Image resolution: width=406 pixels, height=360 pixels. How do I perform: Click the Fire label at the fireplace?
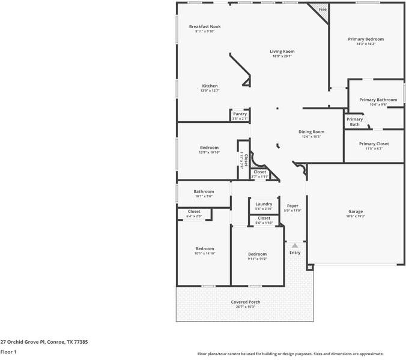tap(323, 10)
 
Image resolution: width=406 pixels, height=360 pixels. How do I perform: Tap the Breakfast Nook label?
tap(205, 26)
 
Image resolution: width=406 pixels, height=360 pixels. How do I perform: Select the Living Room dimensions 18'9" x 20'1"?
tap(282, 56)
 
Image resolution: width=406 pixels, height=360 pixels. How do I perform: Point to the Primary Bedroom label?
tap(366, 39)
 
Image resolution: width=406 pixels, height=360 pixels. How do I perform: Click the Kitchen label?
tap(210, 86)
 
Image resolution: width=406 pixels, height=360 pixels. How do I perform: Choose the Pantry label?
tap(240, 114)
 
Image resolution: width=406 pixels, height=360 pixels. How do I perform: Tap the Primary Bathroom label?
tap(378, 100)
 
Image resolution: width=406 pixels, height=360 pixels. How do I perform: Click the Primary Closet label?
tap(374, 144)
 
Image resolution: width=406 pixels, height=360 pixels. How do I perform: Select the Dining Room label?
tap(311, 132)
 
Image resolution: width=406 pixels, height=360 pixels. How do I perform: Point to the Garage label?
tap(356, 211)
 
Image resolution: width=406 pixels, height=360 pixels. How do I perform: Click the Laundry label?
tap(264, 204)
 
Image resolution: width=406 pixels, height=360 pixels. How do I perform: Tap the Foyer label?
tap(292, 206)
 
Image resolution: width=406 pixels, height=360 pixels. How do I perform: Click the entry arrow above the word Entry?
tap(294, 245)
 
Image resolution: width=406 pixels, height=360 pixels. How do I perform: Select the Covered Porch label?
tap(245, 302)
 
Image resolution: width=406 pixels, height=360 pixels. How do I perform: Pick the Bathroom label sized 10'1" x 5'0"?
tap(204, 191)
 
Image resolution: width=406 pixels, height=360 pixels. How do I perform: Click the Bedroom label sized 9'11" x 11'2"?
tap(257, 254)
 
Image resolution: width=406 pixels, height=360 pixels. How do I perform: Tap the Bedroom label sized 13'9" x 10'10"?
tap(209, 148)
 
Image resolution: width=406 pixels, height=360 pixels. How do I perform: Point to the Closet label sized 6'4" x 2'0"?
tap(194, 211)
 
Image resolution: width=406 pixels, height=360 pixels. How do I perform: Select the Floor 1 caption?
tap(8, 352)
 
